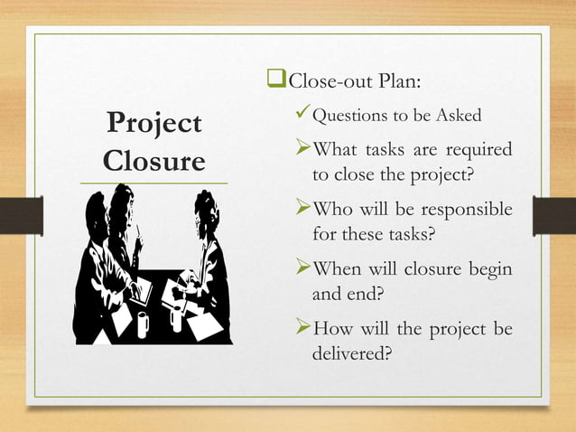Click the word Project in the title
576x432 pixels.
pyautogui.click(x=153, y=125)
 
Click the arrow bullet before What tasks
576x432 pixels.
pyautogui.click(x=302, y=148)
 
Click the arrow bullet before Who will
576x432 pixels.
pyautogui.click(x=302, y=210)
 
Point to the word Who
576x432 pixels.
pyautogui.click(x=331, y=211)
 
